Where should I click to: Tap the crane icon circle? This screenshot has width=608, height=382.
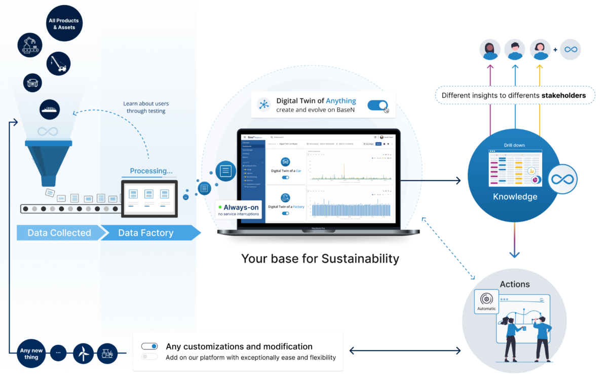pyautogui.click(x=59, y=64)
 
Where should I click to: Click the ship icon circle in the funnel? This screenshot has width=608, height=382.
pyautogui.click(x=50, y=110)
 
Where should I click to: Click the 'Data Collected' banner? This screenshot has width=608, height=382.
pyautogui.click(x=59, y=233)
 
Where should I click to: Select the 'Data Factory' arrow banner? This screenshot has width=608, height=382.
pyautogui.click(x=146, y=233)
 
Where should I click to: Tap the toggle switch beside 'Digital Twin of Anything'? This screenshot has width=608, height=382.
pyautogui.click(x=377, y=105)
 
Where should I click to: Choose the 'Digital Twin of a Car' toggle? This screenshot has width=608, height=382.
pyautogui.click(x=285, y=178)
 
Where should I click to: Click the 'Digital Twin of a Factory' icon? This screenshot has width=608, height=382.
pyautogui.click(x=285, y=198)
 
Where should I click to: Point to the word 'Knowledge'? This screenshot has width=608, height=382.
pyautogui.click(x=515, y=197)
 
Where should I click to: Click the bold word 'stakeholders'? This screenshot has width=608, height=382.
pyautogui.click(x=562, y=95)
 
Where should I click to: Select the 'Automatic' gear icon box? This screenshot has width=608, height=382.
pyautogui.click(x=487, y=301)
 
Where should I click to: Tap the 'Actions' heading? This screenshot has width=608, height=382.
pyautogui.click(x=515, y=284)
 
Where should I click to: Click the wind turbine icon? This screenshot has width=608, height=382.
pyautogui.click(x=84, y=353)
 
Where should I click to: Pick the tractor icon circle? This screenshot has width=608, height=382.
pyautogui.click(x=107, y=353)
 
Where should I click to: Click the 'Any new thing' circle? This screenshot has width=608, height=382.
pyautogui.click(x=31, y=354)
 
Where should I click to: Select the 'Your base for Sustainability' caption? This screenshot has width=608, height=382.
pyautogui.click(x=320, y=259)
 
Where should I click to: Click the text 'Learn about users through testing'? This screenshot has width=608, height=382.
pyautogui.click(x=144, y=107)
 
